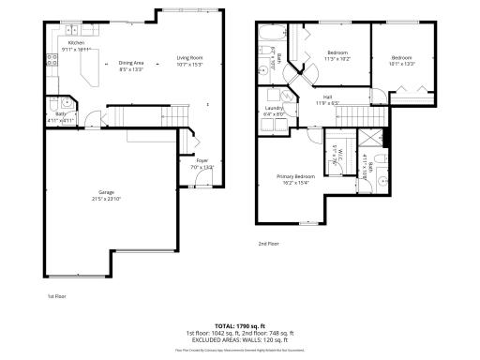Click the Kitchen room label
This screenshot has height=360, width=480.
click(x=77, y=42)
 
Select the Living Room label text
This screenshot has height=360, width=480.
click(x=190, y=58)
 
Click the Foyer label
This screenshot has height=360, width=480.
click(x=202, y=160)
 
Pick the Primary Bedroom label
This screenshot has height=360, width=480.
click(x=295, y=176)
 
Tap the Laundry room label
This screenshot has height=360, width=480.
click(x=275, y=108)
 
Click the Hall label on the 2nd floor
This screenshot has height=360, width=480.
click(x=328, y=97)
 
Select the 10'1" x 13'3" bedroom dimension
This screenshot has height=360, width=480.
click(x=403, y=64)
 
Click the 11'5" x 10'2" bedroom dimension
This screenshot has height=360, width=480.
click(x=337, y=57)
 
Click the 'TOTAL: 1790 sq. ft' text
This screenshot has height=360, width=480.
click(x=240, y=323)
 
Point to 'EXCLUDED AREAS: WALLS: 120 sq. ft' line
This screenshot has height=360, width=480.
click(x=240, y=338)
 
